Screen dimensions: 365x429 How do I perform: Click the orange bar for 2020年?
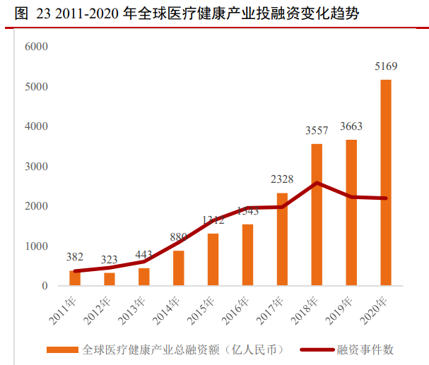tap(386, 183)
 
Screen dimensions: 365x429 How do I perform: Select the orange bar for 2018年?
tap(317, 215)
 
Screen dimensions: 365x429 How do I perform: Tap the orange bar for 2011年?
tap(75, 278)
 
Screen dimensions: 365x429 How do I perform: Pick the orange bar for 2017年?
tap(282, 239)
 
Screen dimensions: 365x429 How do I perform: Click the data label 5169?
tap(386, 67)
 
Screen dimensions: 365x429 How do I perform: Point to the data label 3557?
tap(317, 131)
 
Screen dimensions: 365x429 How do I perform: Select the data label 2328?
tap(282, 179)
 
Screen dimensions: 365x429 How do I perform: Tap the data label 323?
tap(110, 260)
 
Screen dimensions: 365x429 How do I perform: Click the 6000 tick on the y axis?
tap(35, 47)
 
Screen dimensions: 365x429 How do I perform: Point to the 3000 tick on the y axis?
tap(35, 167)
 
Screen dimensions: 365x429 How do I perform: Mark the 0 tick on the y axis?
tap(44, 287)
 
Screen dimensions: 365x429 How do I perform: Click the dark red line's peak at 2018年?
tap(317, 183)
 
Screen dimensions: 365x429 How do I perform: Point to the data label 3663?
tap(351, 126)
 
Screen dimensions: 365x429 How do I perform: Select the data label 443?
tap(144, 255)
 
